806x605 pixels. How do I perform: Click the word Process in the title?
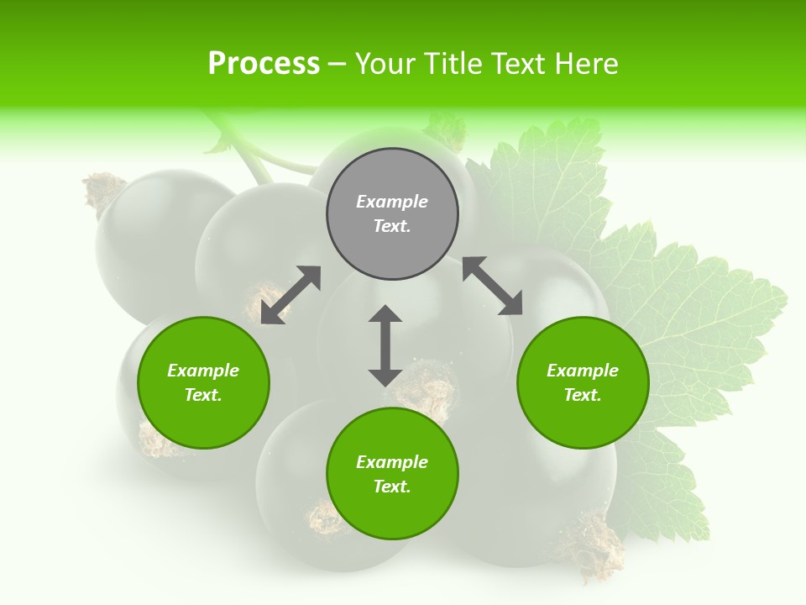264,63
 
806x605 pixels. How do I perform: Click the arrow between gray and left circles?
290,295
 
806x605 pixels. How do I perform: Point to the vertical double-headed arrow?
385,345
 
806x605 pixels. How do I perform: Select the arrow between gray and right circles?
492,286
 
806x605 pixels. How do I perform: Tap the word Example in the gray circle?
392,202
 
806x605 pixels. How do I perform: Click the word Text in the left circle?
203,395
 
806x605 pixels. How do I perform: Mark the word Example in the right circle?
583,371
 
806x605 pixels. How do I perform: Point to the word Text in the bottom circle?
392,487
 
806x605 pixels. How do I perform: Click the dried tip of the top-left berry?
103,189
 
